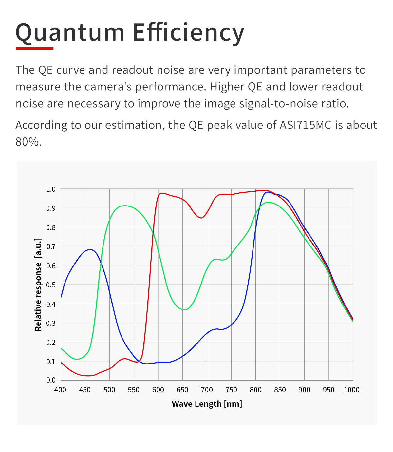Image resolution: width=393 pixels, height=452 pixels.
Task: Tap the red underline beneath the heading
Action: tap(34, 48)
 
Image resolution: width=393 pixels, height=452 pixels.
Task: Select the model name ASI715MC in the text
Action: tap(305, 125)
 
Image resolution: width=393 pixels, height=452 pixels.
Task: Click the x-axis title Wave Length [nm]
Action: tap(207, 404)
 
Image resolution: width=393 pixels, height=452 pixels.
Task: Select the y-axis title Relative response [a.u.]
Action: tap(38, 285)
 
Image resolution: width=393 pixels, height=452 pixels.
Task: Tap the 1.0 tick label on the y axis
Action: tap(51, 189)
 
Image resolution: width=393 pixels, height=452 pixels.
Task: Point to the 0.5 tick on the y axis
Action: tap(51, 285)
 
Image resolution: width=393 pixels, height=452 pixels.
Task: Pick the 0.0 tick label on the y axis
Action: tap(51, 380)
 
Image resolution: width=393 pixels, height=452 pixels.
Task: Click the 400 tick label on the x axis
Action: tap(60, 390)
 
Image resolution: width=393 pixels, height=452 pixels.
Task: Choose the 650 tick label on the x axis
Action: tap(182, 390)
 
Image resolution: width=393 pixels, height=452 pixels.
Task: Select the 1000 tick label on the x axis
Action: tap(352, 390)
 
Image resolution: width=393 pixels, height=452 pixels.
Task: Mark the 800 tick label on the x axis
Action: tap(255, 390)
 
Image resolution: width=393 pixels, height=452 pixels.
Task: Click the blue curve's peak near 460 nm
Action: tap(90, 249)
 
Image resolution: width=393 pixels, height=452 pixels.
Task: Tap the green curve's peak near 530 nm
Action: tap(124, 206)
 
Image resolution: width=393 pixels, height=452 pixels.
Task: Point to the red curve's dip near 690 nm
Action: tap(201, 218)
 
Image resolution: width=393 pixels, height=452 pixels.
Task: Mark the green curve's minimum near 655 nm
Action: tap(184, 310)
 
